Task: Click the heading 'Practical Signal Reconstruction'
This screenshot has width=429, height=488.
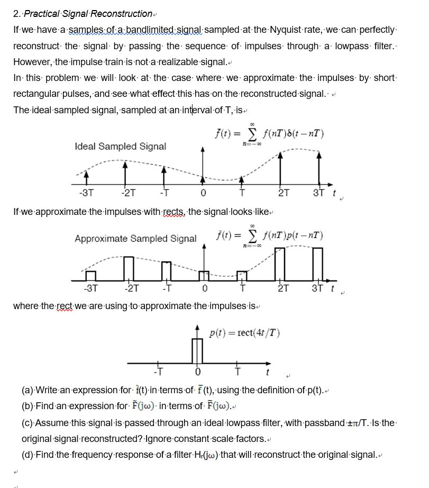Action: pyautogui.click(x=88, y=14)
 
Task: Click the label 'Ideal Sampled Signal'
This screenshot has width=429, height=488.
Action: pyautogui.click(x=120, y=146)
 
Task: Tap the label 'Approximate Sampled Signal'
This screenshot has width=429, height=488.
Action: pyautogui.click(x=135, y=239)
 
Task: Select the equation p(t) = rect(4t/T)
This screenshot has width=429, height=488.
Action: pyautogui.click(x=244, y=333)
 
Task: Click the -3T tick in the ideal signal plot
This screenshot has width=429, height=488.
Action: pyautogui.click(x=87, y=193)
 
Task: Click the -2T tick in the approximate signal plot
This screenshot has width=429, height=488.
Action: pyautogui.click(x=132, y=288)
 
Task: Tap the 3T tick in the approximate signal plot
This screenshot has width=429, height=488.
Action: pyautogui.click(x=317, y=288)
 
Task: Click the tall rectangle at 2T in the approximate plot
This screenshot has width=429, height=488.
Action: pyautogui.click(x=280, y=264)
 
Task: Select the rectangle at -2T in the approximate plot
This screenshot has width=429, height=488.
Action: pyautogui.click(x=129, y=268)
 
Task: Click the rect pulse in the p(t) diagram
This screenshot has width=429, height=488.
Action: pyautogui.click(x=197, y=350)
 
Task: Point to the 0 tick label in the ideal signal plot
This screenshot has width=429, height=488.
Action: pyautogui.click(x=203, y=193)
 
